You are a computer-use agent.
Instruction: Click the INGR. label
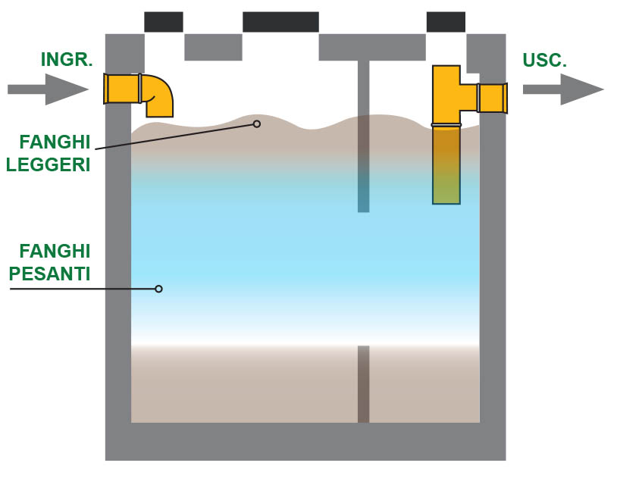tap(67, 60)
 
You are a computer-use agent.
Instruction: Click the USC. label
tap(545, 61)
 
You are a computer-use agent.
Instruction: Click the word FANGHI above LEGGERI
tap(55, 142)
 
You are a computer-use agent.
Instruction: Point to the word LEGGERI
tap(49, 164)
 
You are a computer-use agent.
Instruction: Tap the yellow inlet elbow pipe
tap(158, 94)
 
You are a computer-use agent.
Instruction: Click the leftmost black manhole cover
tap(164, 22)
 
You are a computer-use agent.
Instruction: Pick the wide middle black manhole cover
tap(280, 22)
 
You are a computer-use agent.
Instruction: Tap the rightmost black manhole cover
tap(446, 22)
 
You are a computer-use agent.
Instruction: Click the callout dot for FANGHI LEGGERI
tap(257, 124)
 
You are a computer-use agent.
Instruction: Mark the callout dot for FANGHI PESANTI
tap(158, 289)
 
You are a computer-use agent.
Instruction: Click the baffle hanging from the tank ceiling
tap(363, 136)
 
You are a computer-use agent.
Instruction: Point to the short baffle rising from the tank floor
tap(363, 383)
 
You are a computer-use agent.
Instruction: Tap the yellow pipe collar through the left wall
tap(122, 89)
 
